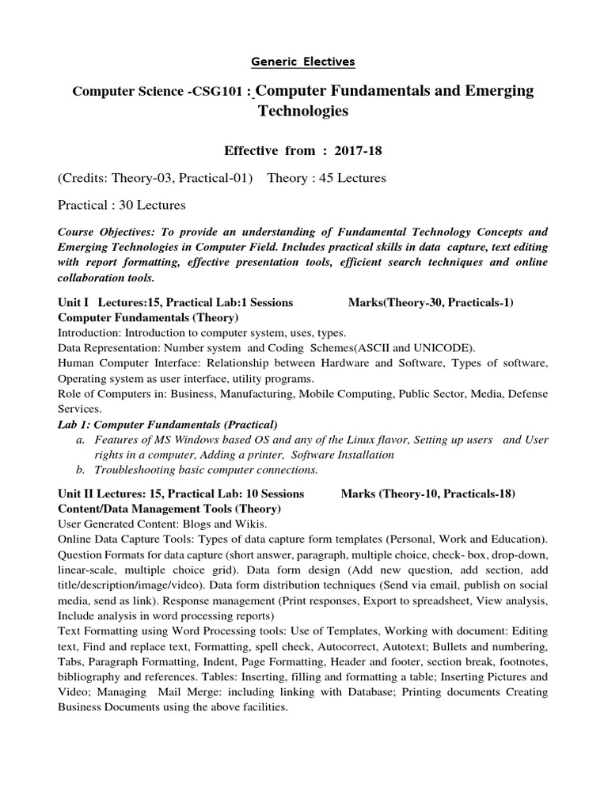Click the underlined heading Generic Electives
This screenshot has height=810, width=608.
pos(303,61)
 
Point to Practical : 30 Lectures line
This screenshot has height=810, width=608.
pos(122,206)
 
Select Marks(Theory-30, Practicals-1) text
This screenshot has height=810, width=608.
pos(431,303)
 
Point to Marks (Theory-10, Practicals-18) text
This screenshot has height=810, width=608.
pos(427,494)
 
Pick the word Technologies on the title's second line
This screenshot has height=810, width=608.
pos(303,112)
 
